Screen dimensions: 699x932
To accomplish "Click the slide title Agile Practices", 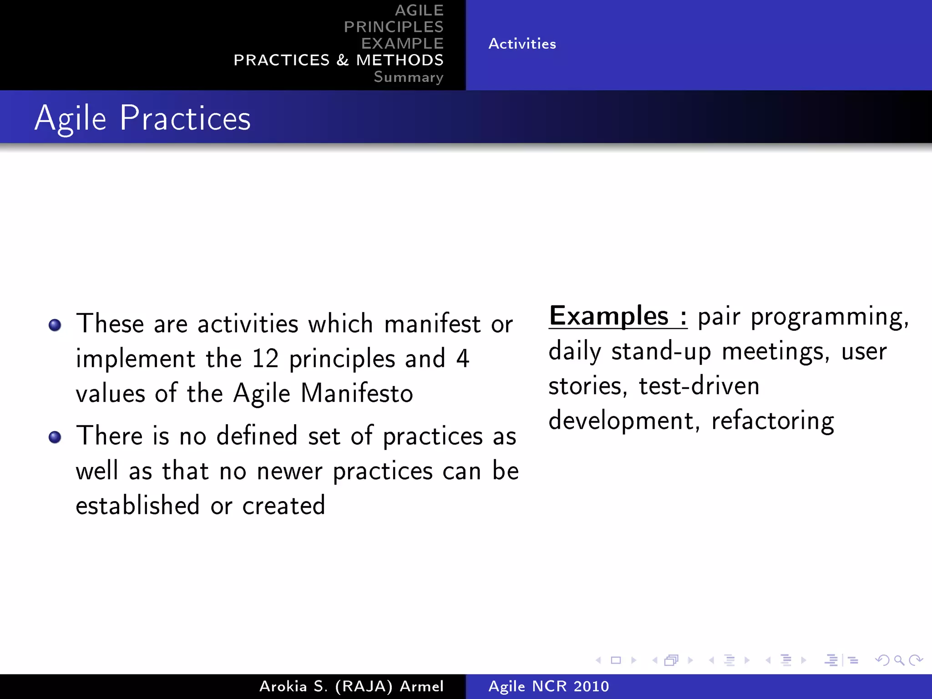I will [142, 118].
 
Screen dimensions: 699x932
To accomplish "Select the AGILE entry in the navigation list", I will [419, 10].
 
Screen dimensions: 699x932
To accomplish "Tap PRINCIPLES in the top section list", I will [393, 27].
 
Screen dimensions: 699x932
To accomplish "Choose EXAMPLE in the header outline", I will [402, 44].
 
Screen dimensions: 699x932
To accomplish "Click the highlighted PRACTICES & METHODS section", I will [338, 60].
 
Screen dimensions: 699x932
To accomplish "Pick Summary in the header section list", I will [408, 77].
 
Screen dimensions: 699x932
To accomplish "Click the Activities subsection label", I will [522, 44].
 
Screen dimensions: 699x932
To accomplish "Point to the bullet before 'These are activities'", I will [55, 325].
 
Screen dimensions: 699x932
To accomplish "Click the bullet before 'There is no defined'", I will [55, 437].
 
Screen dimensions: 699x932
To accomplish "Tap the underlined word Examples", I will [609, 316].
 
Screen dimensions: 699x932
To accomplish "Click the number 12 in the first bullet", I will [265, 359].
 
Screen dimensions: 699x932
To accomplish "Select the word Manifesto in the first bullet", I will [357, 393].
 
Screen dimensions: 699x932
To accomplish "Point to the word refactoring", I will [772, 420].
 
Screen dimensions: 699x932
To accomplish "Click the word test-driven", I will [699, 386].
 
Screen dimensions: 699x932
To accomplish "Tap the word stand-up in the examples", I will [661, 351].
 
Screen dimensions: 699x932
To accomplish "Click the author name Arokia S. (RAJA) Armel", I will [351, 686].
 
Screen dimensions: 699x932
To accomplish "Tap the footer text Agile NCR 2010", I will [548, 686].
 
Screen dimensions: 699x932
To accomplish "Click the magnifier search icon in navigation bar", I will [899, 660].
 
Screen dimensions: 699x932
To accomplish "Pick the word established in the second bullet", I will [137, 505].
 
